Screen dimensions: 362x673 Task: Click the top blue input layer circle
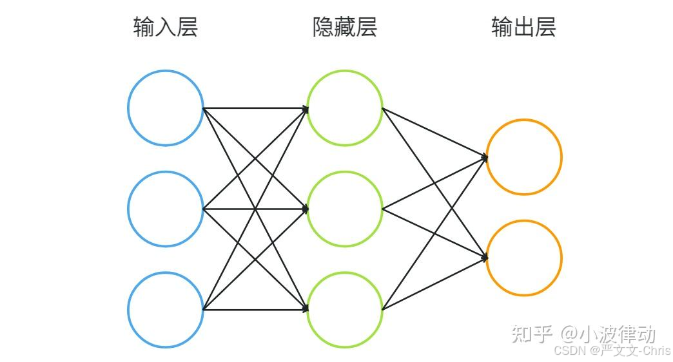point(166,108)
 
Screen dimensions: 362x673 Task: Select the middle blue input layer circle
point(166,209)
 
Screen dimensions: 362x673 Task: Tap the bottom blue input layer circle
point(166,310)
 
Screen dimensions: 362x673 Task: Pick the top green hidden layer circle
point(345,108)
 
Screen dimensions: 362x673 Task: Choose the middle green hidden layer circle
point(345,209)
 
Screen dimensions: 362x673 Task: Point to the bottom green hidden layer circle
point(345,310)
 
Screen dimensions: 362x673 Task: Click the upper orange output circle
point(524,157)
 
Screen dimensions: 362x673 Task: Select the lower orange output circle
point(524,258)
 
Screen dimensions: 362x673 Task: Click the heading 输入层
point(165,27)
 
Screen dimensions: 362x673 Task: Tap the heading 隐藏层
point(344,27)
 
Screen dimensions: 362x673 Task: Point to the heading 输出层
point(523,27)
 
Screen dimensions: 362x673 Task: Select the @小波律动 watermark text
point(608,334)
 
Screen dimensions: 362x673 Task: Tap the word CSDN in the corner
point(568,351)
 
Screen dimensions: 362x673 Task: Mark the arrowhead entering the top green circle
point(306,108)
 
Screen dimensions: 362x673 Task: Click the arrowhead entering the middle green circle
point(306,209)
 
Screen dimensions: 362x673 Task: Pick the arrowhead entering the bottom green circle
point(306,310)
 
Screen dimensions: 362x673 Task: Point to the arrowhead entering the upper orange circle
point(485,157)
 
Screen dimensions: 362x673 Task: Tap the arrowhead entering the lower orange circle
point(485,258)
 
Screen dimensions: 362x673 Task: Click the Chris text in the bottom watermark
point(657,351)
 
